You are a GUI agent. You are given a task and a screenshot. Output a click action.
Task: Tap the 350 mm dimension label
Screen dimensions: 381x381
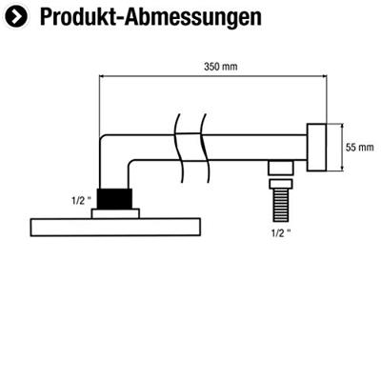tap(220, 67)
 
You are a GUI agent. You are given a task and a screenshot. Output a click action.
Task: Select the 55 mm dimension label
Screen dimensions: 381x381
tap(360, 148)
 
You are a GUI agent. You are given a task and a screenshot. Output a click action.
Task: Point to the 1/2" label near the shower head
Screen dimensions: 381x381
tap(81, 201)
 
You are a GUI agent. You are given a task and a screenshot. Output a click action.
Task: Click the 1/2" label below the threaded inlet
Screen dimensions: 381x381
tap(279, 232)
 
